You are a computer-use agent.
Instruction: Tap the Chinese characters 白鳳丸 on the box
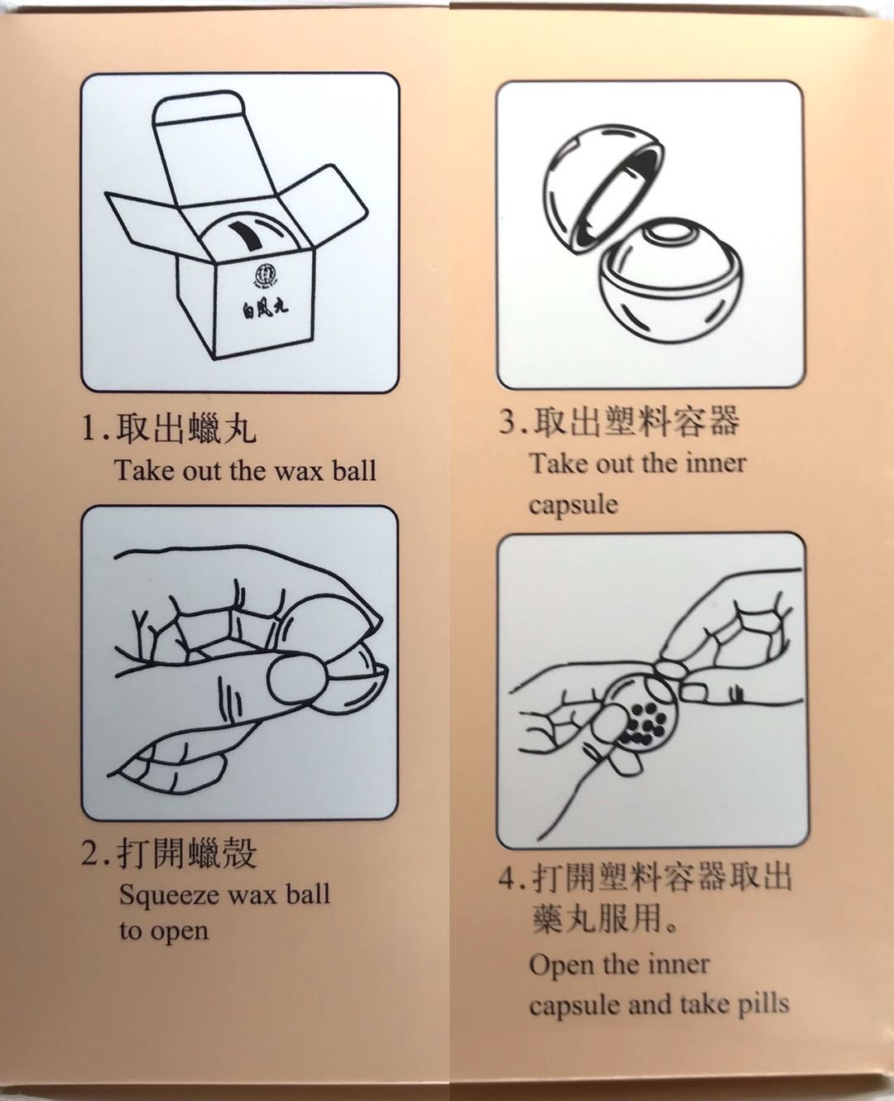click(265, 309)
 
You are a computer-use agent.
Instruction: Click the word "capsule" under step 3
click(573, 505)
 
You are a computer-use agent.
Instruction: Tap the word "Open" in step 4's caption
click(559, 965)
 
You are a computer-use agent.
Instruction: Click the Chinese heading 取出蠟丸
click(186, 428)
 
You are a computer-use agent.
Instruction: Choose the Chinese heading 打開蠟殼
click(186, 853)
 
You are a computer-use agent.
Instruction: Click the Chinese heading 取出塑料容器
click(636, 421)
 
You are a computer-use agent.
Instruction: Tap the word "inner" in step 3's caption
click(716, 463)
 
